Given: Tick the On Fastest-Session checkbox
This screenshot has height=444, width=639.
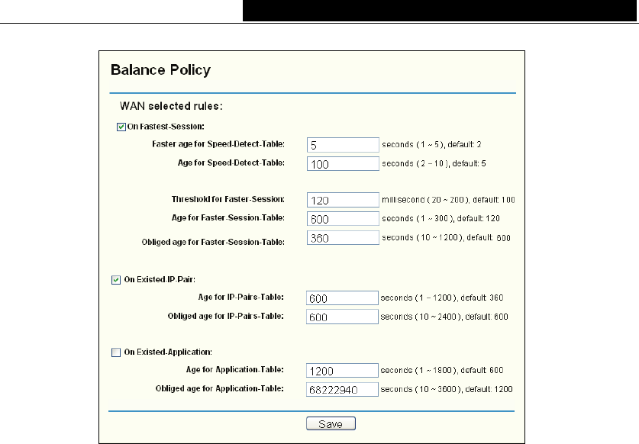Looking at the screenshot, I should click(x=121, y=127).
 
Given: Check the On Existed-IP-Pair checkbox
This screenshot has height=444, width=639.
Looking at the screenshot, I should click(x=115, y=279).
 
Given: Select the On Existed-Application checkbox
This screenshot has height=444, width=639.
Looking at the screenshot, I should click(x=115, y=352).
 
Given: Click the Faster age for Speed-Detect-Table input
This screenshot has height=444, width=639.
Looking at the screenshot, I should click(x=343, y=143).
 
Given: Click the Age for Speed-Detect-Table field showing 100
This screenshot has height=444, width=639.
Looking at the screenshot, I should click(x=343, y=163).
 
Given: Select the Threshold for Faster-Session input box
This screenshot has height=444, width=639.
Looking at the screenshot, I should click(x=343, y=200).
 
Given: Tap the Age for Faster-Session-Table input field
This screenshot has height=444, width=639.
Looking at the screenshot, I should click(x=343, y=219).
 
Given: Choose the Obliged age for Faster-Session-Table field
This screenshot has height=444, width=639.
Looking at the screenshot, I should click(x=343, y=238).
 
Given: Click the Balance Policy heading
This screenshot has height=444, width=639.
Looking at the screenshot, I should click(x=160, y=70).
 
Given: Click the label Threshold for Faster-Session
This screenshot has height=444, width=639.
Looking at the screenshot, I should click(x=228, y=200).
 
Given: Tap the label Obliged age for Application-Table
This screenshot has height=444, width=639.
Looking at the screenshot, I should click(x=221, y=389).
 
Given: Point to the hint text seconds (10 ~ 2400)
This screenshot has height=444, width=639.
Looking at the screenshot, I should click(x=443, y=317).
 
